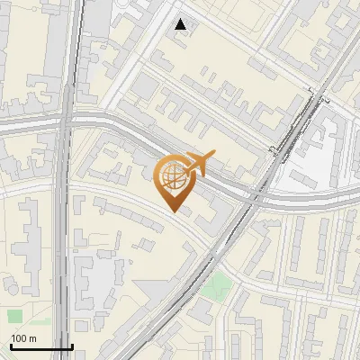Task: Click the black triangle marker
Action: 182,24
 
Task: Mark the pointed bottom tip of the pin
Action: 174,211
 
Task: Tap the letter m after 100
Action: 32,338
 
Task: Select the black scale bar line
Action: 40,346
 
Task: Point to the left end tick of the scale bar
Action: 10,346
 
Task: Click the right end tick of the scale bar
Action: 72,346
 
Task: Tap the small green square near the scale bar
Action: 14,316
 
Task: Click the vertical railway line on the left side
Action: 65,225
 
